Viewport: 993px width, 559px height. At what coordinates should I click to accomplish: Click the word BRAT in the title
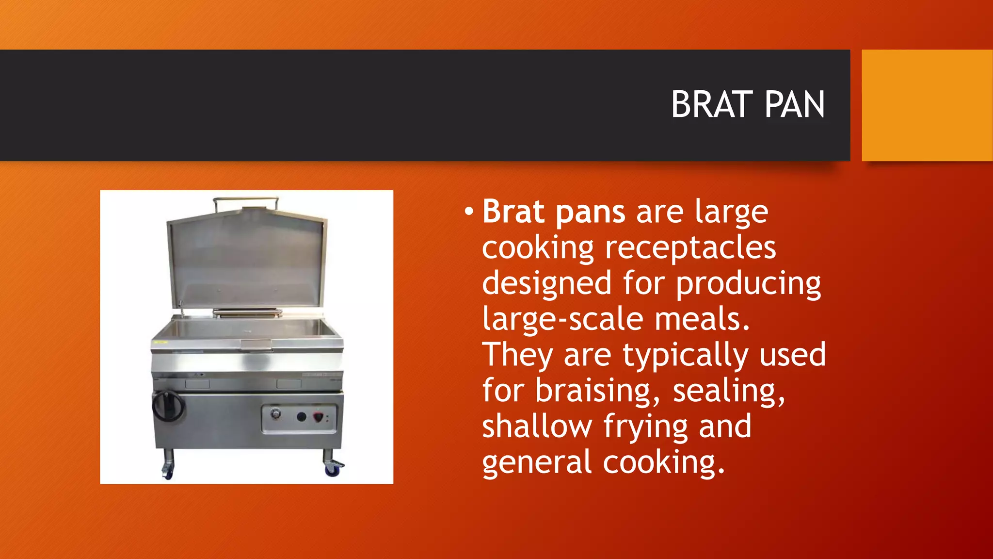click(x=712, y=105)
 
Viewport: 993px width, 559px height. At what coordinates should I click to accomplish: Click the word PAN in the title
click(x=794, y=105)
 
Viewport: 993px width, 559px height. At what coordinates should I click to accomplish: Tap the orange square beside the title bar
click(x=927, y=105)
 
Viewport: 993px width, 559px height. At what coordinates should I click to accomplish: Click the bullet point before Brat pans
click(x=468, y=212)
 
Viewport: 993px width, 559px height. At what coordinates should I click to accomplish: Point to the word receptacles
click(x=690, y=248)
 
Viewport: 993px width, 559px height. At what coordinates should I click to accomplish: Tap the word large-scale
click(x=562, y=319)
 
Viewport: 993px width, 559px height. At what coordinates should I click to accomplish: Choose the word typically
click(x=686, y=356)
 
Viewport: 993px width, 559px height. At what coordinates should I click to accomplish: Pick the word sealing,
click(x=729, y=391)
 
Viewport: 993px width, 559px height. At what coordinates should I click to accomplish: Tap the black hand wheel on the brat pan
click(x=168, y=406)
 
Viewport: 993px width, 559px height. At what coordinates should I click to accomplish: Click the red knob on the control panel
click(x=319, y=417)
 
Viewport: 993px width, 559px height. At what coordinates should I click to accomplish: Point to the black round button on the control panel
click(x=301, y=416)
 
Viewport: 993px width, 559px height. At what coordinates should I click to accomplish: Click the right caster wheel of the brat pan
click(x=333, y=468)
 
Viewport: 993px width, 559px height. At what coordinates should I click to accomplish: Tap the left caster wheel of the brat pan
click(x=167, y=470)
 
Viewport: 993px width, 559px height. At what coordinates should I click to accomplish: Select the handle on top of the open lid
click(x=246, y=199)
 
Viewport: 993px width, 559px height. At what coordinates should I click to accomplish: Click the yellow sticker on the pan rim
click(x=160, y=343)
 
